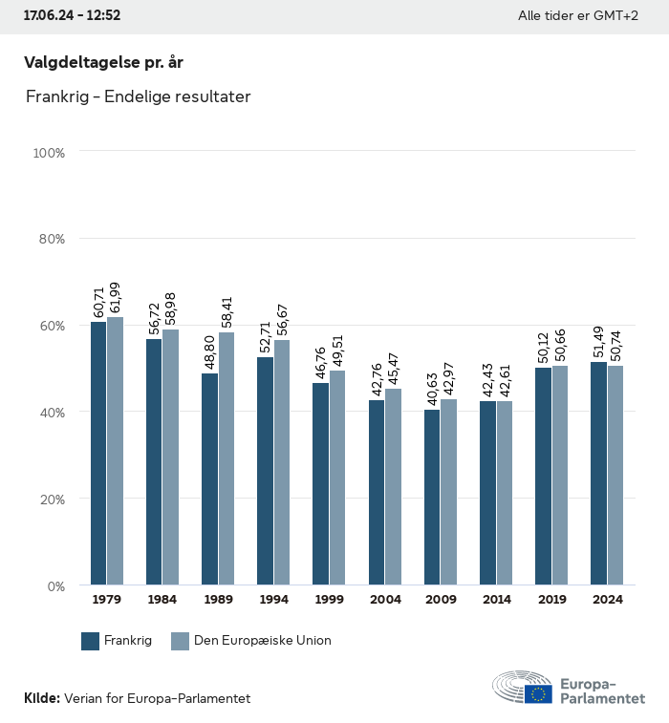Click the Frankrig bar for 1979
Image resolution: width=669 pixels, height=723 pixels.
click(x=98, y=454)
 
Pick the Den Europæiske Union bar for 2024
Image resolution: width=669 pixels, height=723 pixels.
click(x=615, y=475)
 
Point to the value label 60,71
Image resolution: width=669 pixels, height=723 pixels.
click(x=98, y=300)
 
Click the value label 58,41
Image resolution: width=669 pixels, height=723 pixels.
click(x=227, y=310)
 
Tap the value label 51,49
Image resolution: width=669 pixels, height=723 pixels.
click(x=598, y=340)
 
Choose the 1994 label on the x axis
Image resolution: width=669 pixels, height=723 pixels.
click(x=273, y=600)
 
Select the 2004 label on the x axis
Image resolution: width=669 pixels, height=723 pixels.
click(x=385, y=600)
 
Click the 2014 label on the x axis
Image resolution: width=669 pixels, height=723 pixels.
click(x=496, y=600)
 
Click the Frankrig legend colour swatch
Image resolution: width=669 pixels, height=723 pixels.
click(x=91, y=641)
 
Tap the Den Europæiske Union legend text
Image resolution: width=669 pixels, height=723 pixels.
click(x=262, y=641)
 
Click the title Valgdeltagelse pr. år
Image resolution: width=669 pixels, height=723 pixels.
click(x=103, y=63)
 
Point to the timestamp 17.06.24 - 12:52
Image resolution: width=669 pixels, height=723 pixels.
click(x=72, y=16)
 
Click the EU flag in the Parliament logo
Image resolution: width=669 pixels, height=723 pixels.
click(x=538, y=693)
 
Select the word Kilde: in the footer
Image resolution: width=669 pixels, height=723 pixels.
click(x=42, y=699)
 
